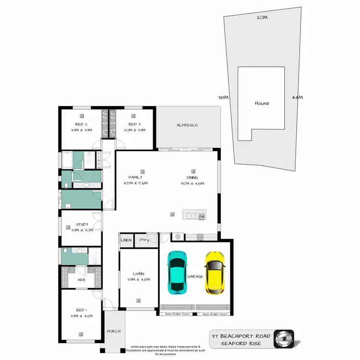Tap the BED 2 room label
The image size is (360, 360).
(81, 124)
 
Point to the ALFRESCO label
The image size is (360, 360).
(187, 125)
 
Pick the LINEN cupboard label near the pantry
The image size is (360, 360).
(126, 239)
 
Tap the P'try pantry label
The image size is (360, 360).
(143, 239)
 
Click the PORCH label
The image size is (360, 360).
(114, 331)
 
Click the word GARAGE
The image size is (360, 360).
(196, 276)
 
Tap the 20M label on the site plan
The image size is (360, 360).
(262, 17)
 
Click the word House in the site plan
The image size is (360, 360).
(262, 103)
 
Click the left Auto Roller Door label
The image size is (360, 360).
(177, 314)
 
